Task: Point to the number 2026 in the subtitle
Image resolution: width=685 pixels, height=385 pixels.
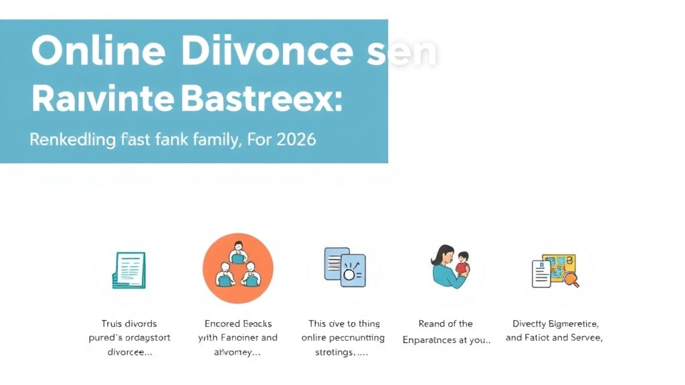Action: (292, 140)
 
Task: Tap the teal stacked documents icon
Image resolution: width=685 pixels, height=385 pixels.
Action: (129, 269)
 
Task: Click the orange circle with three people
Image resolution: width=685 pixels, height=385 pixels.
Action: (237, 268)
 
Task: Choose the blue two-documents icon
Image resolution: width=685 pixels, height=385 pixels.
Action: (345, 267)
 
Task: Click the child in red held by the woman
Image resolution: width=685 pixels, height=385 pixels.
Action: (462, 264)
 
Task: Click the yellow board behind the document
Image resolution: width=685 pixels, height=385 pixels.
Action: (560, 265)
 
